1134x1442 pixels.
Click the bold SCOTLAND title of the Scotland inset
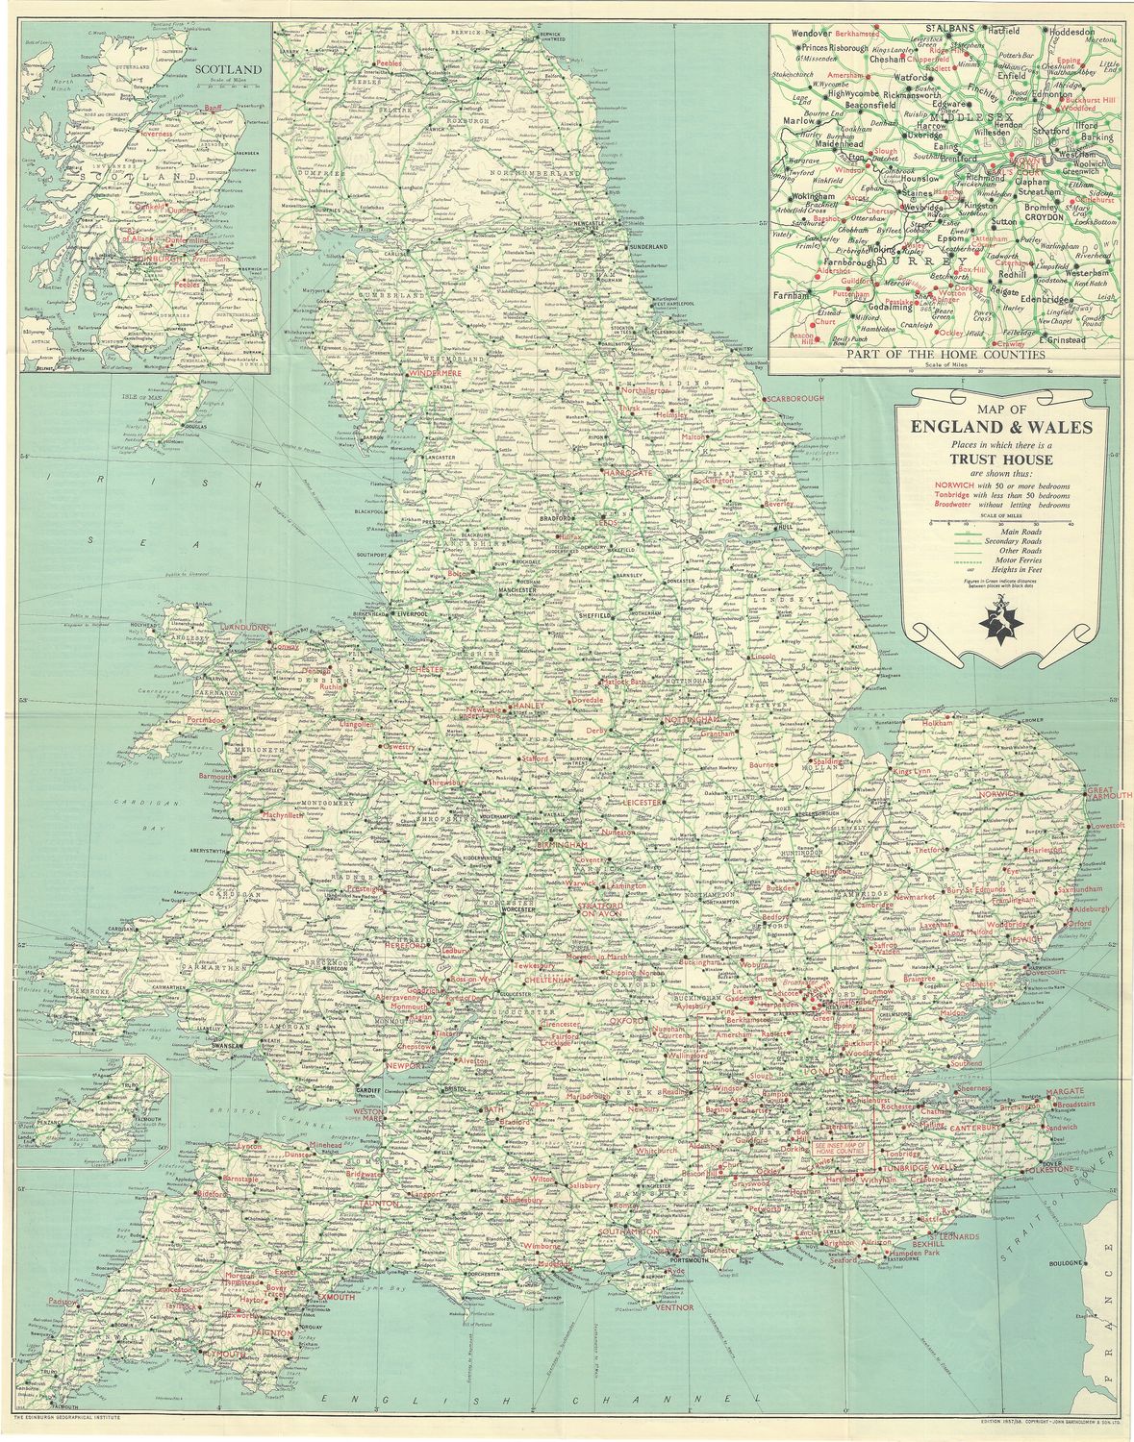pyautogui.click(x=228, y=69)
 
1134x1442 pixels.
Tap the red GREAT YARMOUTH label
pyautogui.click(x=1110, y=794)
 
